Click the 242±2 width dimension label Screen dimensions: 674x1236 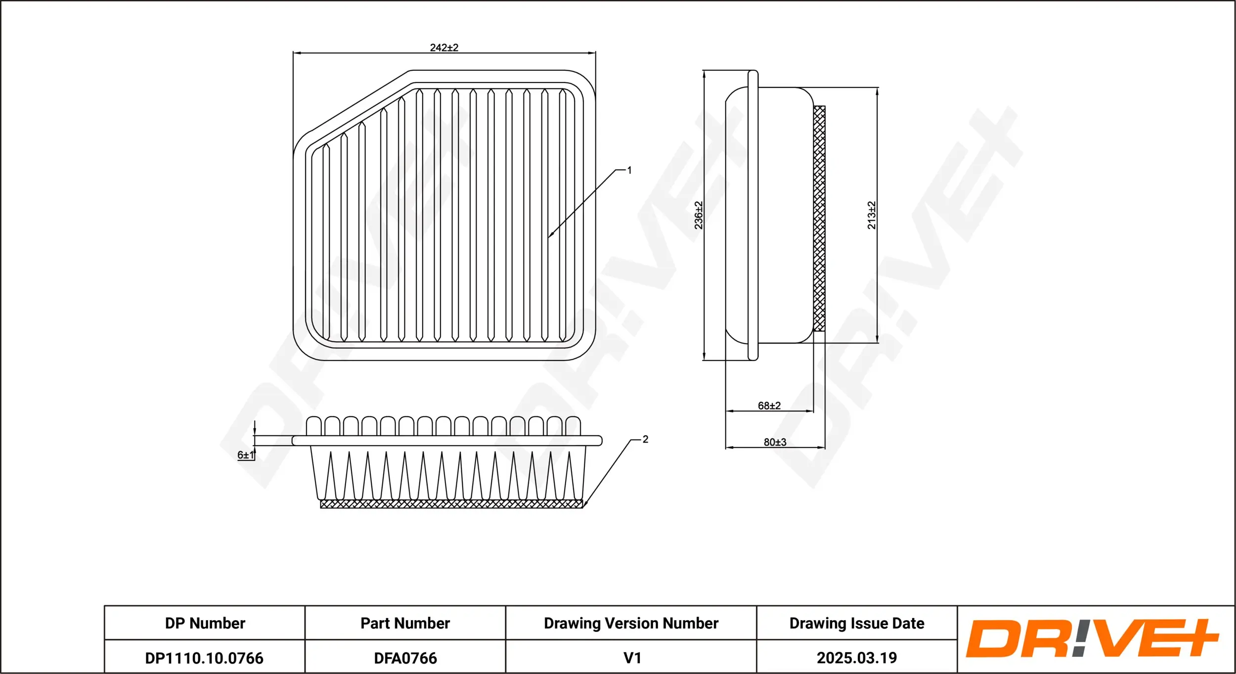[444, 47]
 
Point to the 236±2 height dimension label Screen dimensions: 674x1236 [698, 215]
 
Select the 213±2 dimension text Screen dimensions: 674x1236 [871, 215]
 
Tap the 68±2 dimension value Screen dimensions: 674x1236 [769, 405]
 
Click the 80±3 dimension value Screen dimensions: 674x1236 [775, 442]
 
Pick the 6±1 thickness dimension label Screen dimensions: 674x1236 [245, 454]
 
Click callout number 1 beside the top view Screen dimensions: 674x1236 [629, 170]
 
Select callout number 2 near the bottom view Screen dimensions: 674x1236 [645, 439]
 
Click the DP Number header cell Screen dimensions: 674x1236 [205, 623]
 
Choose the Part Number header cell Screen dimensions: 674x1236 [405, 623]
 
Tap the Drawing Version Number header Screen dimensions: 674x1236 [631, 623]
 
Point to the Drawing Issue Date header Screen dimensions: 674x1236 [856, 623]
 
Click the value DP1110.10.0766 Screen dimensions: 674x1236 [204, 658]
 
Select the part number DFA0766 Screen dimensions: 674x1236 [405, 658]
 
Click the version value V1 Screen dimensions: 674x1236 [632, 658]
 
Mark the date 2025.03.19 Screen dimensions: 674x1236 [856, 658]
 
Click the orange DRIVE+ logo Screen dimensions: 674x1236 [1092, 638]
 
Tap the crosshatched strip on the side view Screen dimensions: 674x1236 [819, 218]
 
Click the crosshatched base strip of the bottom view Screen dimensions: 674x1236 [451, 504]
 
